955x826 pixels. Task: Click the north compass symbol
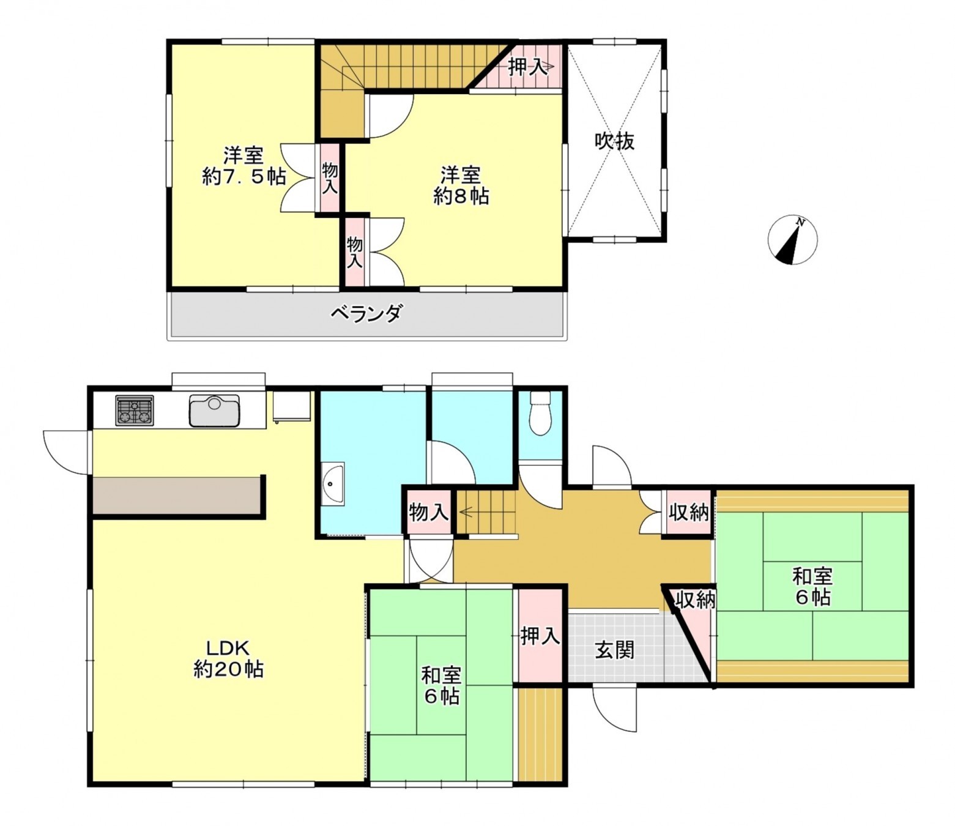point(792,239)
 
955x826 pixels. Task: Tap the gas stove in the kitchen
point(135,411)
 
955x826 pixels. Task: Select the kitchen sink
point(214,410)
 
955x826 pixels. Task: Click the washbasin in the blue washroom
point(333,483)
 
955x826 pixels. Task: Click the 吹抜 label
point(614,141)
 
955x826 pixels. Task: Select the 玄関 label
point(614,650)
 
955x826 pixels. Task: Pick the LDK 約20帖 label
point(228,658)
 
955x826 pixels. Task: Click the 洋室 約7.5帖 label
point(243,166)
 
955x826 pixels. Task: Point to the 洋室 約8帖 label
point(461,185)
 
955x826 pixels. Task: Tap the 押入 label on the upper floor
point(527,67)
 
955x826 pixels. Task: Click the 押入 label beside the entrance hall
point(540,636)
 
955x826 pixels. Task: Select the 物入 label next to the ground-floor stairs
point(428,512)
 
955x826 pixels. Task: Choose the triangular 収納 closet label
point(694,600)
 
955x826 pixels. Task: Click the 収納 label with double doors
point(689,512)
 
